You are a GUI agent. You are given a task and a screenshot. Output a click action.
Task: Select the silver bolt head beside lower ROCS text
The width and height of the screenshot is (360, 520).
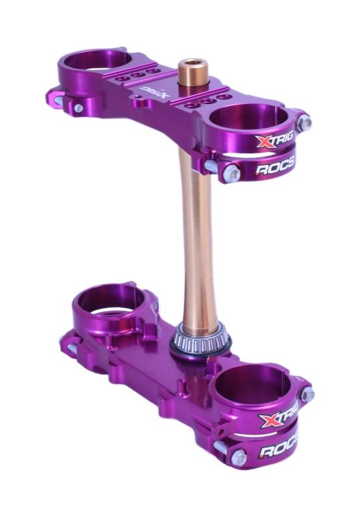pos(238,457)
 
